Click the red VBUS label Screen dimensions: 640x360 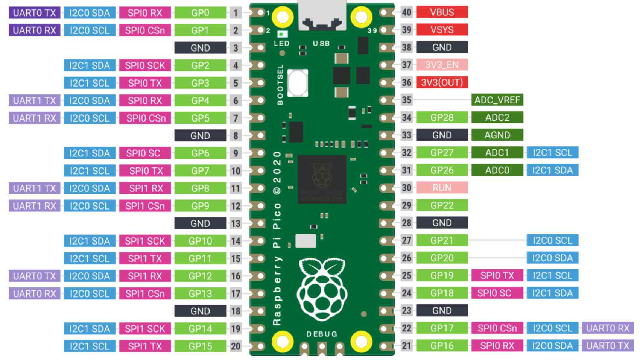point(442,12)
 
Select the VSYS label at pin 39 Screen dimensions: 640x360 point(442,30)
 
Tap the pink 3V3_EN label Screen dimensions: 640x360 point(442,65)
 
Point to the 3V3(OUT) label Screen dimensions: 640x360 point(442,82)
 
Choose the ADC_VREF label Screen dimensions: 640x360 point(497,100)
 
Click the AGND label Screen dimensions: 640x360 point(497,135)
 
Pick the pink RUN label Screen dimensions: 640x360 point(442,188)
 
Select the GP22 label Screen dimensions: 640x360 point(442,205)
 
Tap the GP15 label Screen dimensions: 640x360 point(200,346)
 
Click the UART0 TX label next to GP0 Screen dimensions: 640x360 point(34,13)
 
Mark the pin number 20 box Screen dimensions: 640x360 point(236,346)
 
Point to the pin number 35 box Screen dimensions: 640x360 point(407,100)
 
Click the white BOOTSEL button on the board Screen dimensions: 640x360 point(298,83)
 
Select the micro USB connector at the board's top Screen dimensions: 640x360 point(322,16)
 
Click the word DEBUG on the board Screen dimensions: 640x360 point(322,334)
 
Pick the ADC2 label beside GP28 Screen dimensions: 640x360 point(497,117)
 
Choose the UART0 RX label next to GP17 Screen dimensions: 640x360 point(608,328)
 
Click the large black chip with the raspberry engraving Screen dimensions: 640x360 point(322,179)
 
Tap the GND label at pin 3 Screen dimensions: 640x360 point(200,48)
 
